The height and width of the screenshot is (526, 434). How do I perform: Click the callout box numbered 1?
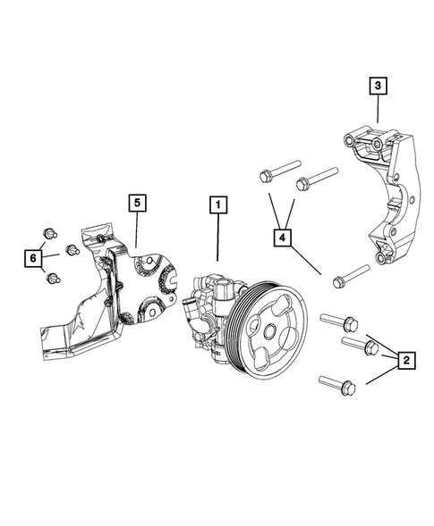click(x=216, y=205)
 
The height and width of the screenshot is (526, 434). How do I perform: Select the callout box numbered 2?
click(x=405, y=360)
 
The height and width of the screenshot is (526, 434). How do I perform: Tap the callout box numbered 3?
click(x=379, y=87)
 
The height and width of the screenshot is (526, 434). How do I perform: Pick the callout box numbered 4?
click(x=283, y=238)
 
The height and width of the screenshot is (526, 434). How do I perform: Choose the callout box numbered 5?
click(x=136, y=204)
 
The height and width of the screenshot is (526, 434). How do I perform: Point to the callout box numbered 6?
click(x=32, y=258)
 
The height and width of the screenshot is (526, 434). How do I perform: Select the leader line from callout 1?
click(x=216, y=237)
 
